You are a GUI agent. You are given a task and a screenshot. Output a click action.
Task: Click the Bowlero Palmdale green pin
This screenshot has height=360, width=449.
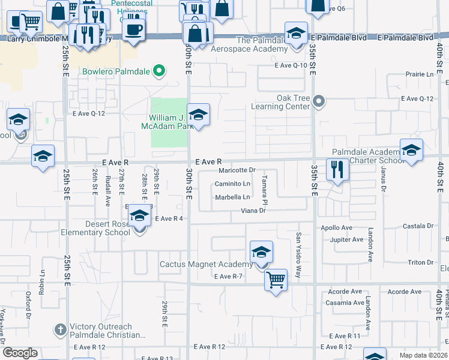(159, 71)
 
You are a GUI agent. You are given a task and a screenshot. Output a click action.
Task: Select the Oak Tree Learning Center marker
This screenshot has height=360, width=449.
(319, 101)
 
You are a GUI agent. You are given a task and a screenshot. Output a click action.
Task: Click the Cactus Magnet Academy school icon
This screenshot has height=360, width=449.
(261, 253)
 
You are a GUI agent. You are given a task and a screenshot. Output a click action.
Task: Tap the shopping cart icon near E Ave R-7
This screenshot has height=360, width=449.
(276, 280)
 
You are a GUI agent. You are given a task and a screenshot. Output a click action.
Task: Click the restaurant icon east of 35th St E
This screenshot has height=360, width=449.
(338, 170)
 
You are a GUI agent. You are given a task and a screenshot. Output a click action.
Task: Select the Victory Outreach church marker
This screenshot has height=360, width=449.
(60, 329)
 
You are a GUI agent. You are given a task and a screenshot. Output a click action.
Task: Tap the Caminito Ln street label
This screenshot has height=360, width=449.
(233, 184)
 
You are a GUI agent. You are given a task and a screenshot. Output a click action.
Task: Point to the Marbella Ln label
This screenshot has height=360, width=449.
(233, 197)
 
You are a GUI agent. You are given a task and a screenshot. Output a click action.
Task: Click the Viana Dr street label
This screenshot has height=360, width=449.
(253, 211)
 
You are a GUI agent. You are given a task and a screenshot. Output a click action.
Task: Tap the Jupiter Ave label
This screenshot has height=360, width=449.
(347, 239)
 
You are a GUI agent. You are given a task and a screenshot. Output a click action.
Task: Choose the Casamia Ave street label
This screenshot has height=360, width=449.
(345, 302)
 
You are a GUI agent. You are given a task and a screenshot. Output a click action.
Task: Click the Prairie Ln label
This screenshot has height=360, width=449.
(419, 74)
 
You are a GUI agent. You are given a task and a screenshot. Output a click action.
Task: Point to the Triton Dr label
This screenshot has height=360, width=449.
(420, 263)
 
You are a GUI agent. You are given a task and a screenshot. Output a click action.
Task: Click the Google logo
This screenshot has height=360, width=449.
(20, 353)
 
